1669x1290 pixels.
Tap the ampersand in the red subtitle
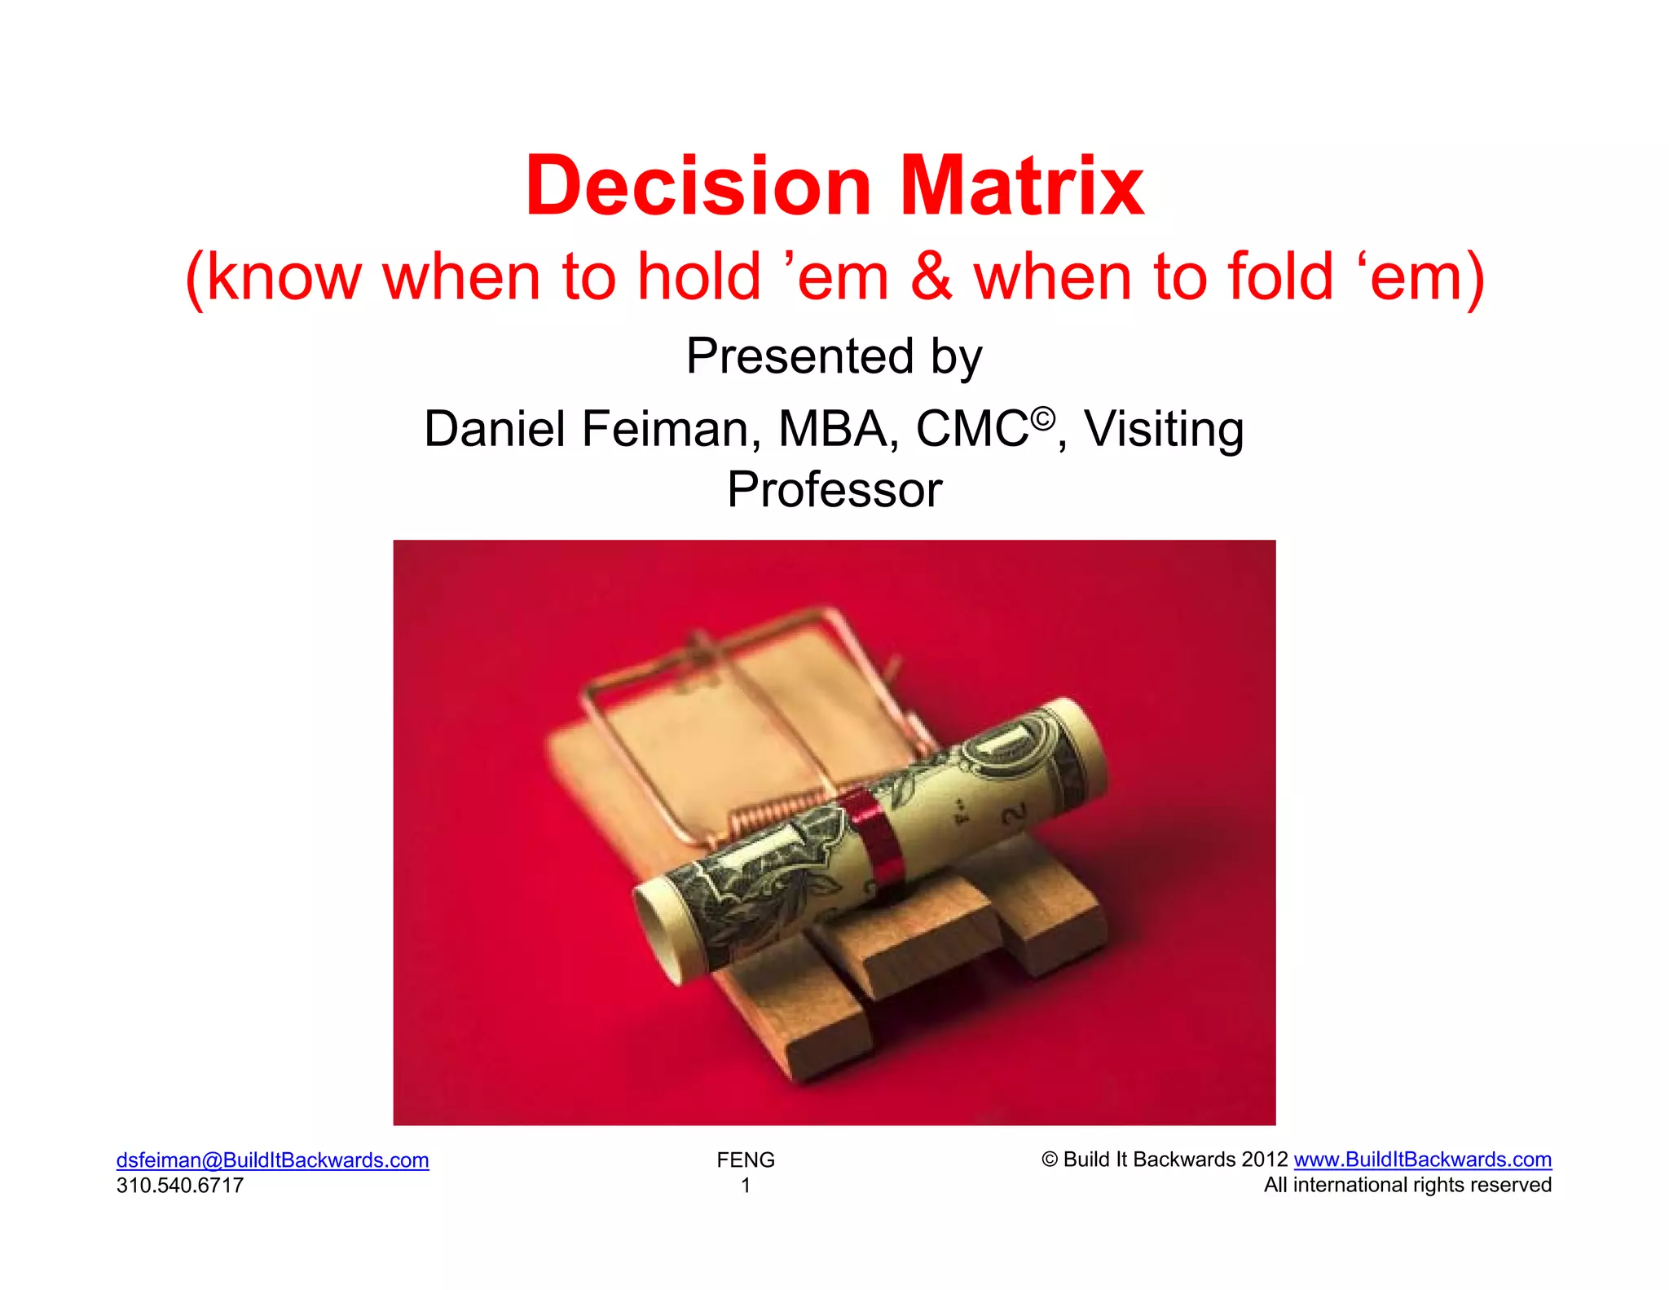pos(931,277)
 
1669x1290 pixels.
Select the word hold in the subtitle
pos(698,277)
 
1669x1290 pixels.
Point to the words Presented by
pos(834,356)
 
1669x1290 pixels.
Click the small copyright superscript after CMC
pos(1043,419)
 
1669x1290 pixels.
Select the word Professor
pos(834,490)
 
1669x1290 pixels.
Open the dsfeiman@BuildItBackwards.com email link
pos(272,1160)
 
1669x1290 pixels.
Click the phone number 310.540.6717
pos(180,1185)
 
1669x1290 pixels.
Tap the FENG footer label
pos(746,1160)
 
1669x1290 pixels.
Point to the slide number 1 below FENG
pos(746,1185)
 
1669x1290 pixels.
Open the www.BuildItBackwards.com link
pos(1422,1160)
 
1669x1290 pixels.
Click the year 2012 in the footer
pos(1265,1160)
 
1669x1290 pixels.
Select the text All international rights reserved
pos(1407,1185)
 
